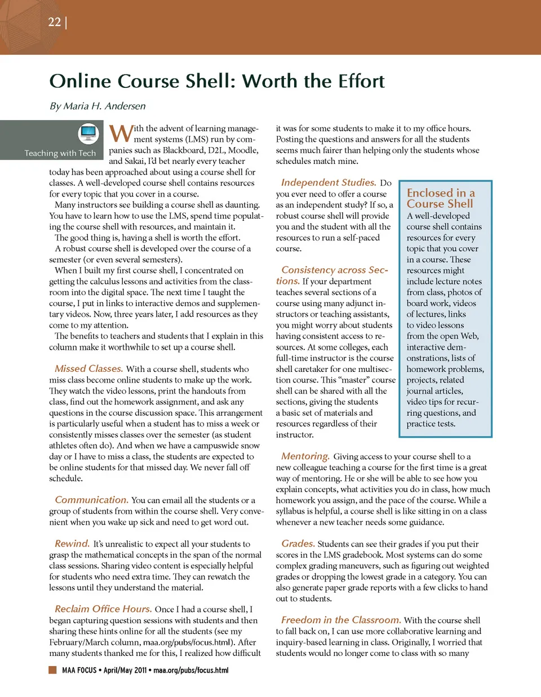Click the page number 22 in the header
coord(54,22)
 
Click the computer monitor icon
coord(88,133)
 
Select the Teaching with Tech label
coord(60,153)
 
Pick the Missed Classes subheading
coord(88,369)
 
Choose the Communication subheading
coord(91,500)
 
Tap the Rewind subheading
coord(72,544)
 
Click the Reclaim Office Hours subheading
coord(103,609)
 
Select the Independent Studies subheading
coord(328,183)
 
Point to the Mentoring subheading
coord(305,456)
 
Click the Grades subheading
coord(298,544)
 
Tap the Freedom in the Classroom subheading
coord(341,620)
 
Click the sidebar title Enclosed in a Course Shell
coord(440,198)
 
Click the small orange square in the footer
coord(52,670)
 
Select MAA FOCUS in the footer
coord(79,671)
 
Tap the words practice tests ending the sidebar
coord(431,424)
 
